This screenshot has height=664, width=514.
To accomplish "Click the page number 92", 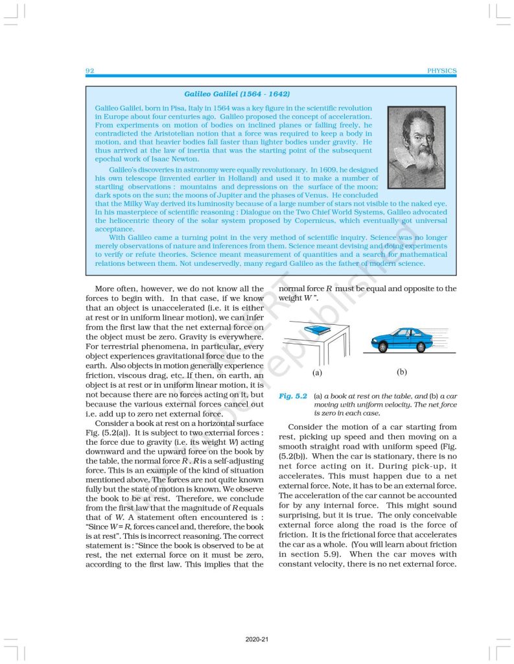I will pos(89,71).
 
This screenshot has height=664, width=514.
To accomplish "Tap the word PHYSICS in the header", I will pos(442,71).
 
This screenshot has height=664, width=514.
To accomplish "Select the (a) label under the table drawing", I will pos(317,373).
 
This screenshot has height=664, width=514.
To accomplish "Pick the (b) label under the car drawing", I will pos(402,373).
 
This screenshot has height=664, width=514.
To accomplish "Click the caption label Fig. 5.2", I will pos(292,396).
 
